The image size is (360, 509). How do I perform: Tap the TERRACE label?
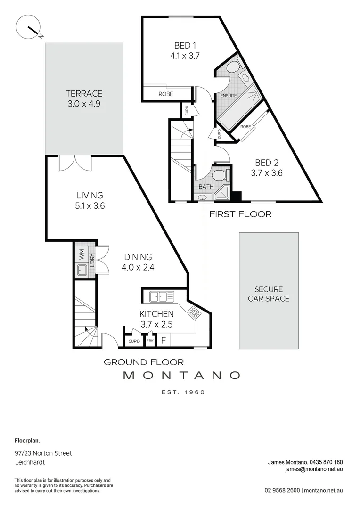[x=84, y=93]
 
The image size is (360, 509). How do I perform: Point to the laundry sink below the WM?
[x=81, y=270]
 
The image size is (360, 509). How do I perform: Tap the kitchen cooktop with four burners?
[x=195, y=312]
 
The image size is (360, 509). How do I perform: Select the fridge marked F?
[x=164, y=340]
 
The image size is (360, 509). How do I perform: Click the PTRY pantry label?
[x=150, y=341]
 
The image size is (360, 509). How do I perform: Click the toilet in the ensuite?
[x=232, y=69]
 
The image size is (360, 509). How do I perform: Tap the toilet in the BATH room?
[x=220, y=176]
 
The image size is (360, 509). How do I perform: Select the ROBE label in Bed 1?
[x=165, y=94]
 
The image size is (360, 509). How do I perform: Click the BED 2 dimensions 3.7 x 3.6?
[x=266, y=172]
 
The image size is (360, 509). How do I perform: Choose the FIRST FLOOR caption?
[x=240, y=214]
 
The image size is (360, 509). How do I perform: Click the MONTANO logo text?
[x=181, y=375]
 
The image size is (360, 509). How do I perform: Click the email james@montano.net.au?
[x=314, y=469]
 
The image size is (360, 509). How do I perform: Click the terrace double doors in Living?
[x=75, y=163]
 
